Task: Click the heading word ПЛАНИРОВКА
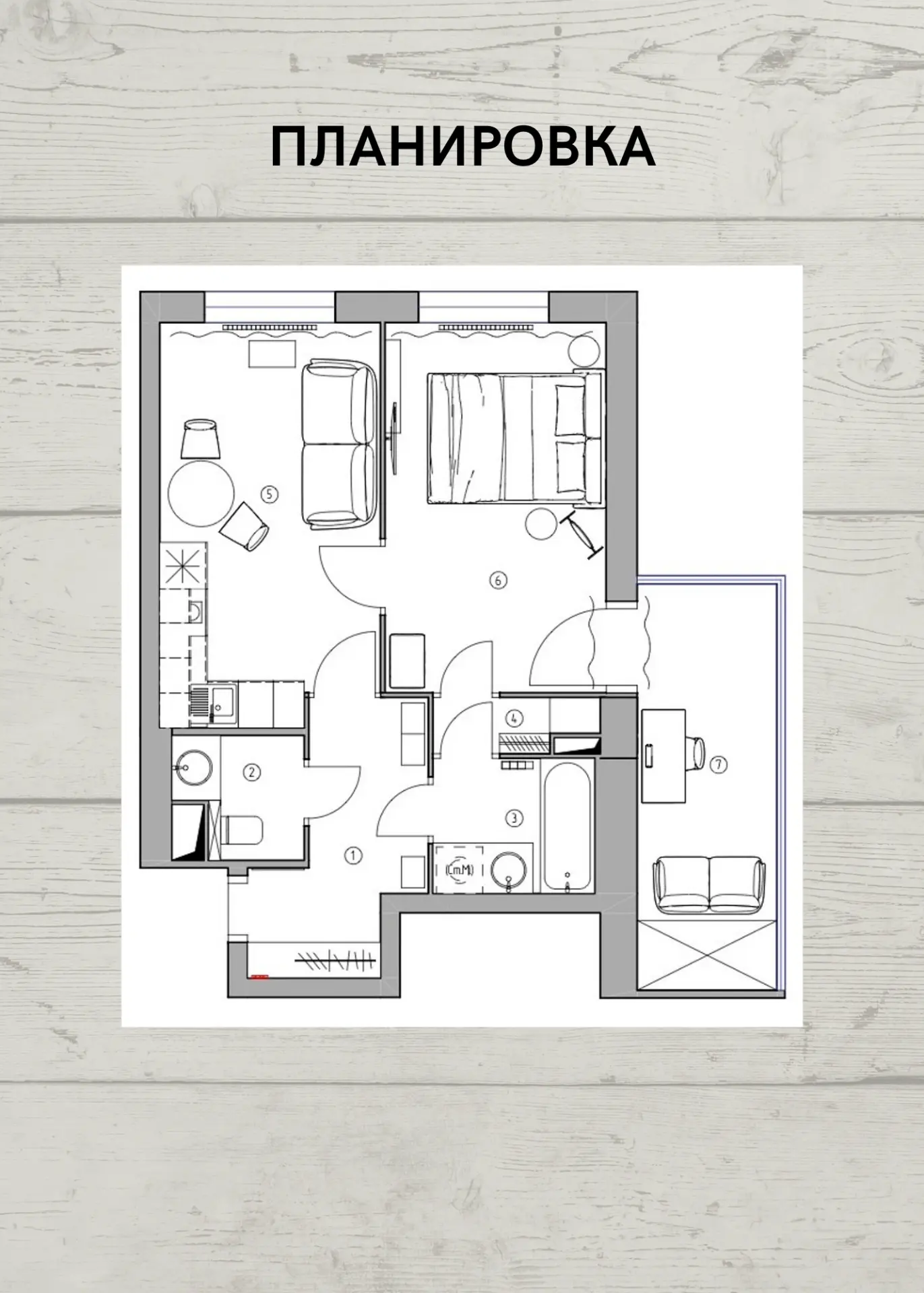pyautogui.click(x=463, y=147)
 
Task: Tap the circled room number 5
pyautogui.click(x=269, y=494)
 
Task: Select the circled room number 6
pyautogui.click(x=498, y=579)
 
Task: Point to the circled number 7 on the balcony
pyautogui.click(x=718, y=764)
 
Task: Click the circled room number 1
pyautogui.click(x=353, y=856)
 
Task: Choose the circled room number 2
pyautogui.click(x=251, y=772)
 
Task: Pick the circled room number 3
pyautogui.click(x=514, y=818)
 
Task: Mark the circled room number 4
pyautogui.click(x=514, y=718)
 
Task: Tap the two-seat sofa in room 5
pyautogui.click(x=338, y=444)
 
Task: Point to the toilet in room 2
pyautogui.click(x=241, y=830)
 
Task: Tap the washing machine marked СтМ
pyautogui.click(x=459, y=869)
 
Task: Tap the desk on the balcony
pyautogui.click(x=663, y=756)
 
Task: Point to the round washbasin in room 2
pyautogui.click(x=193, y=767)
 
